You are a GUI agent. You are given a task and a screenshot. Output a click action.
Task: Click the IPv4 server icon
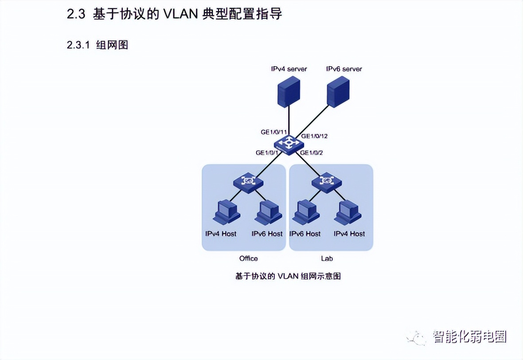(289, 91)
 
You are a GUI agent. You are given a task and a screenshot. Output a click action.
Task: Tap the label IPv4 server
(289, 69)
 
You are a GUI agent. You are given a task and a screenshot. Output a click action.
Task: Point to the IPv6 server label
(344, 69)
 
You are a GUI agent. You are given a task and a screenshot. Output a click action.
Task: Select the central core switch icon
(289, 145)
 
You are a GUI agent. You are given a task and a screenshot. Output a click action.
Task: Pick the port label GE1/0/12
(317, 136)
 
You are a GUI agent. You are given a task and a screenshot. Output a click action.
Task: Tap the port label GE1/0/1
(267, 153)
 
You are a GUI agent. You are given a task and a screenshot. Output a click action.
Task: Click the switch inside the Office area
(249, 182)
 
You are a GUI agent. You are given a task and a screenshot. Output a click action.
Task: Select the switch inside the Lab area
(327, 182)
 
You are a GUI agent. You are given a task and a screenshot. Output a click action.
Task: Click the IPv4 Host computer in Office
(226, 213)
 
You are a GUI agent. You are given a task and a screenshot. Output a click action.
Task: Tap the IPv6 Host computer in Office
(268, 213)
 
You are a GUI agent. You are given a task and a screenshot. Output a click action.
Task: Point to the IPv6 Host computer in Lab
(306, 213)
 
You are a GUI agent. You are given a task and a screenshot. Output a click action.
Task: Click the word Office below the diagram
(248, 258)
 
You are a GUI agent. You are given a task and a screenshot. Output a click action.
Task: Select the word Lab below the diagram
(327, 258)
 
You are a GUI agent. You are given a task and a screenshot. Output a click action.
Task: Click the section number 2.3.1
(78, 45)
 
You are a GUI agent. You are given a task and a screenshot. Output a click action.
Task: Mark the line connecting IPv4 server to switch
(289, 122)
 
